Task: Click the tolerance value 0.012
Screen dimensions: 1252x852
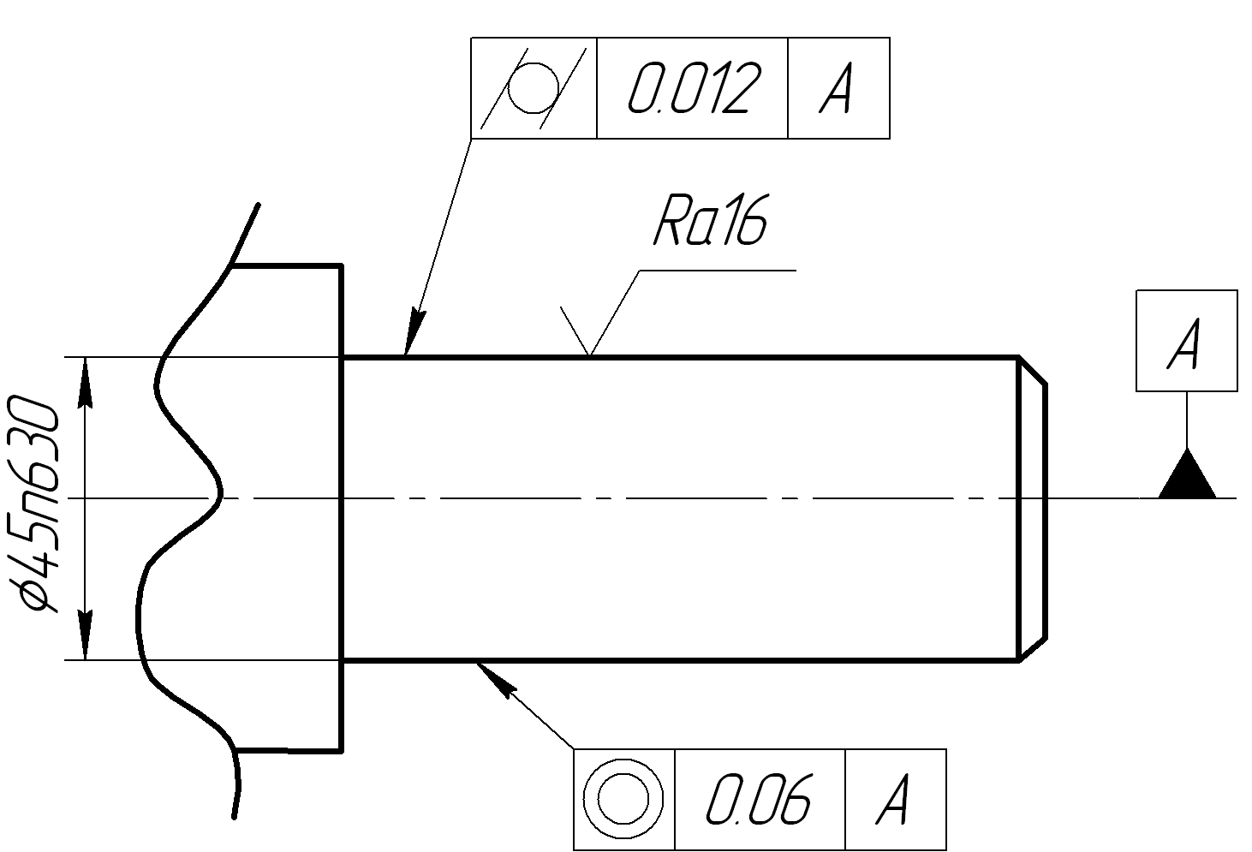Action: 695,88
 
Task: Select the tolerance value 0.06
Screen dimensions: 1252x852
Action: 759,800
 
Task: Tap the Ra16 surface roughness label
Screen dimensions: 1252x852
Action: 711,220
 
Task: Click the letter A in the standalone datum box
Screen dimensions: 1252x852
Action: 1183,344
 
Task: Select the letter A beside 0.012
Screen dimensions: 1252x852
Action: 836,88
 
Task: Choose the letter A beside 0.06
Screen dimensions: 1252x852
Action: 892,800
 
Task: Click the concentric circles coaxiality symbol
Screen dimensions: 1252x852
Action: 623,799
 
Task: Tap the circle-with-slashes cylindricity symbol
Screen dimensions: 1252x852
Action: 534,88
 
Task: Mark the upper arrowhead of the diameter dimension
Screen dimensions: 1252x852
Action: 85,383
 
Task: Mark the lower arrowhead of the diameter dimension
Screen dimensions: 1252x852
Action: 85,635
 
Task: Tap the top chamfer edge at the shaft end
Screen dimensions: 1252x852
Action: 1032,370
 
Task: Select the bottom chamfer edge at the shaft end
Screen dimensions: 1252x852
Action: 1032,648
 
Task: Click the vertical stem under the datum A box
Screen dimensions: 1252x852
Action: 1187,420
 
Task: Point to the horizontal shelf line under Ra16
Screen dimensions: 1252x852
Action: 718,271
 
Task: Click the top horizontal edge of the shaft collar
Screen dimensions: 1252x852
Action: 286,265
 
